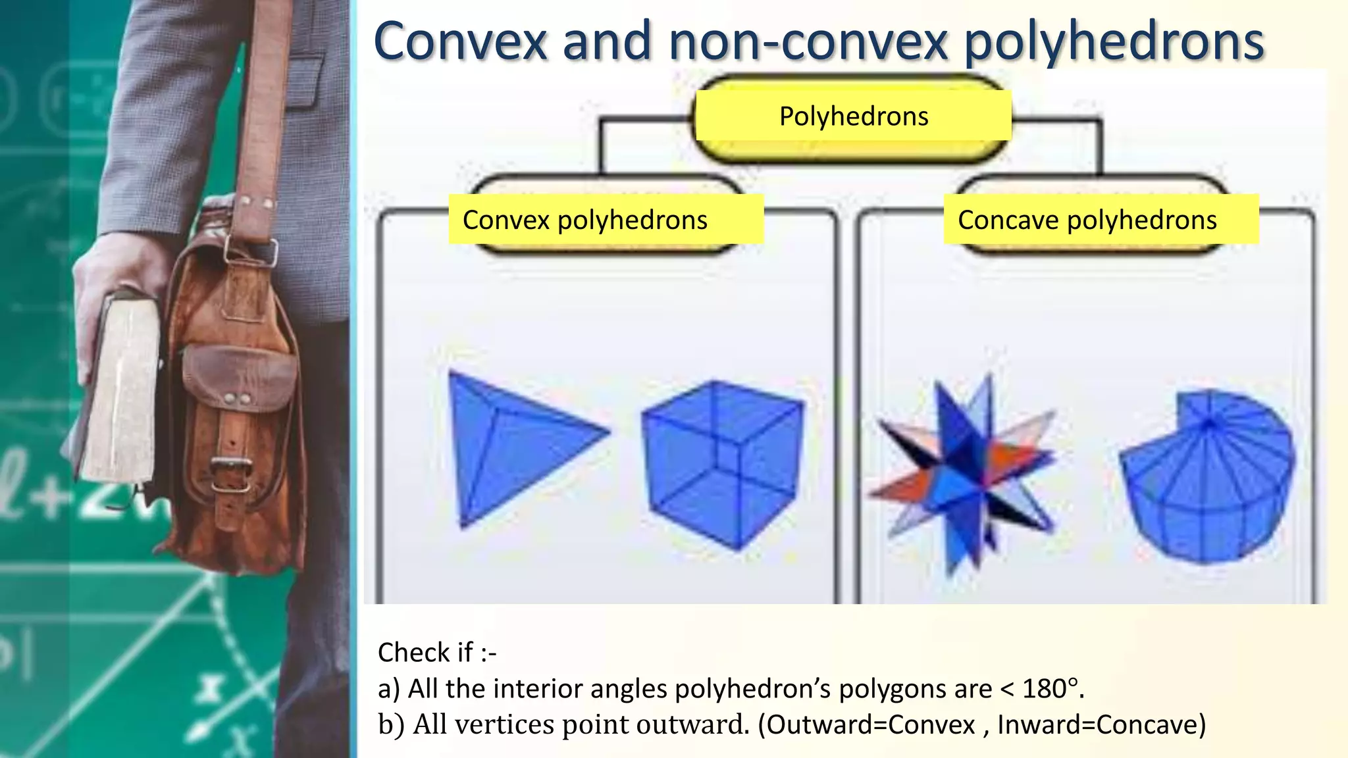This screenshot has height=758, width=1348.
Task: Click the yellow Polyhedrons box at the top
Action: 853,116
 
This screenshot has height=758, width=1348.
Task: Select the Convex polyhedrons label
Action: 584,220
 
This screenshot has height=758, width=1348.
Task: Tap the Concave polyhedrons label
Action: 1087,220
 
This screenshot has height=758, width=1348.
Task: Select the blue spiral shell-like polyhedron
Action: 1208,474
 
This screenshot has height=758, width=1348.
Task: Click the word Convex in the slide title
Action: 460,41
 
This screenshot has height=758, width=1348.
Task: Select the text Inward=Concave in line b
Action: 1101,724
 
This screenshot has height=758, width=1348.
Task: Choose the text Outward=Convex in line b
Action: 870,724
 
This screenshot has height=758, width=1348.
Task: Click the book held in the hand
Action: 122,388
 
